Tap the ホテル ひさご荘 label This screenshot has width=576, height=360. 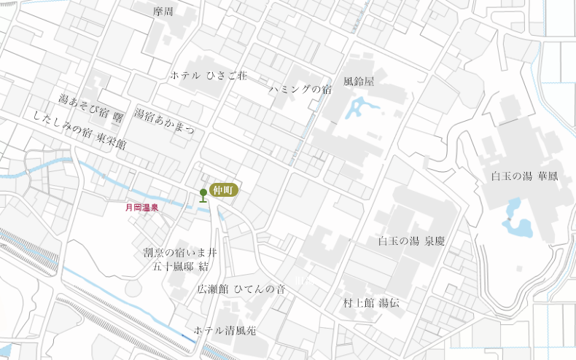click(x=209, y=75)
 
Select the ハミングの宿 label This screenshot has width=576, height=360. click(x=300, y=90)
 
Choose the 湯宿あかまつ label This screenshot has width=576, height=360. click(x=165, y=121)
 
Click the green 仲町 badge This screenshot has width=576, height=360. click(x=224, y=189)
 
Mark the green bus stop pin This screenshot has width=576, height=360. click(x=203, y=195)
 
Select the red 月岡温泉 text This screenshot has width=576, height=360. click(x=142, y=208)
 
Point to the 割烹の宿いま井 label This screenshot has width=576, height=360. click(x=180, y=252)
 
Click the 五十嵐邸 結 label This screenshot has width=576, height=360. click(x=180, y=267)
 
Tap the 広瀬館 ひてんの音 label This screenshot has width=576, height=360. click(x=241, y=289)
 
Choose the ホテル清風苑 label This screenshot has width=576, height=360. click(x=225, y=330)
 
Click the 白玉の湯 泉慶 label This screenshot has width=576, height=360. click(x=410, y=241)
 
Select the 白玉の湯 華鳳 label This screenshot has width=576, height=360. click(x=525, y=176)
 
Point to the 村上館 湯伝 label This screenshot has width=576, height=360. click(x=372, y=302)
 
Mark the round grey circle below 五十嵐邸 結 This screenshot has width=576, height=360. click(x=133, y=288)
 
